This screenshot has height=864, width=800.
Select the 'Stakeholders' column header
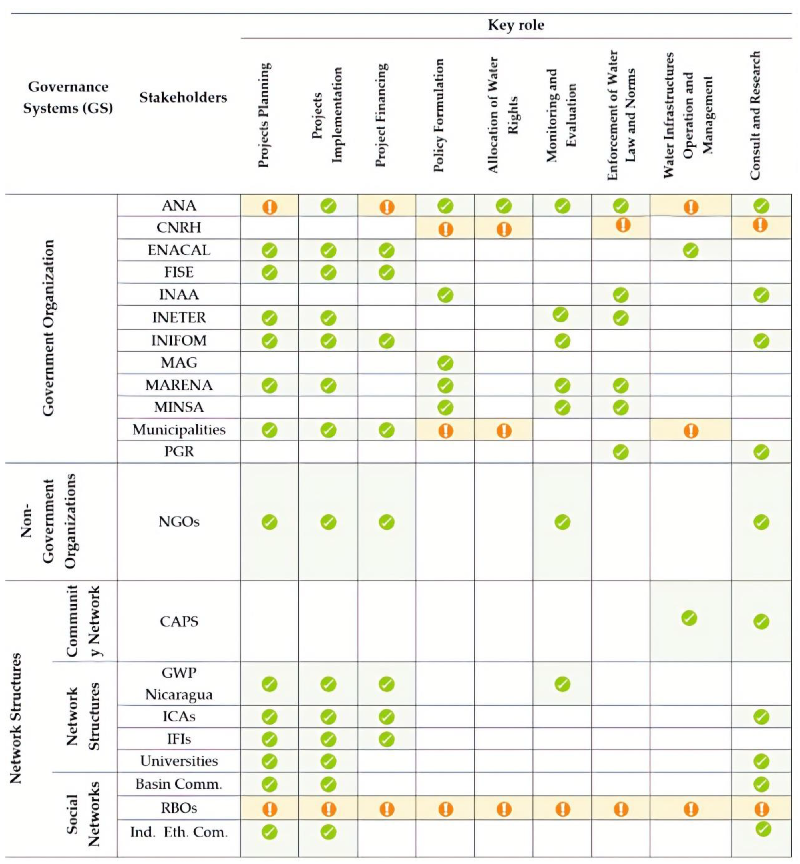coord(183,98)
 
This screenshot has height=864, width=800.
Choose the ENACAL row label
coord(179,250)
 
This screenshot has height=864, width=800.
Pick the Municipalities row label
coord(179,430)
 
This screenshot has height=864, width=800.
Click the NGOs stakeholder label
coord(179,522)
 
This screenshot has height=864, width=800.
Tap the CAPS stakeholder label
coord(179,622)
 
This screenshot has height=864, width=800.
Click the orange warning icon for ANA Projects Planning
coord(269,207)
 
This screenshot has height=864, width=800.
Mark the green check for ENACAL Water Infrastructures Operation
coord(690,250)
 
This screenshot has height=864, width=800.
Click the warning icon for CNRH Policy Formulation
coord(445,229)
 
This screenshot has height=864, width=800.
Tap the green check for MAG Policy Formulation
coord(445,363)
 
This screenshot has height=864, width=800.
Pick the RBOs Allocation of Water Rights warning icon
coord(504,808)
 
